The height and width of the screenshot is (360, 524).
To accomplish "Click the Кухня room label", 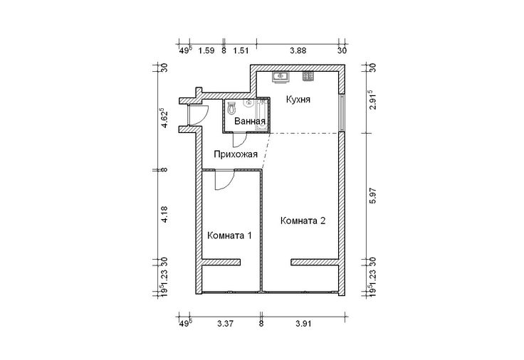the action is (298, 100).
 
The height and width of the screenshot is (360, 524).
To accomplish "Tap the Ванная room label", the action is (250, 121).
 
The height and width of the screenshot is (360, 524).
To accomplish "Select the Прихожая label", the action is (236, 154).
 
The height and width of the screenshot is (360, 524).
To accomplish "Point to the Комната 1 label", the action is (229, 235).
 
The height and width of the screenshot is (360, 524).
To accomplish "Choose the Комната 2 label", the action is (303, 221).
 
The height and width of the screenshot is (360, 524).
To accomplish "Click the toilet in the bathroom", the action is (231, 108).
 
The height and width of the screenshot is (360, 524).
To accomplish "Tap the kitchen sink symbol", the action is (280, 77).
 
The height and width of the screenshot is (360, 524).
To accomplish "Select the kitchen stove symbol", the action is (308, 77).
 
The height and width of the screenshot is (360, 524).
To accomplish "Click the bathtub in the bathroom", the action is (261, 115).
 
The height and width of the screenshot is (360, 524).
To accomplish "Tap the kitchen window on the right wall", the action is (341, 113).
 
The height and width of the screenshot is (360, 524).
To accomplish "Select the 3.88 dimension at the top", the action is (298, 51).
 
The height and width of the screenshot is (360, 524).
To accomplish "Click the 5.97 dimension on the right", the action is (373, 196).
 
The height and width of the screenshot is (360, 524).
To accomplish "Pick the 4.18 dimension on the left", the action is (164, 214).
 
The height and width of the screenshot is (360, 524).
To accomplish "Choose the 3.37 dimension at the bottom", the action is (225, 323).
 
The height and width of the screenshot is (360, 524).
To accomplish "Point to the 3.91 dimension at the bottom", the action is (303, 323).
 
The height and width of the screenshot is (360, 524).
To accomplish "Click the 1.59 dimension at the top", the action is (206, 51).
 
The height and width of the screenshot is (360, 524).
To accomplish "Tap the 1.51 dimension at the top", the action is (241, 51).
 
